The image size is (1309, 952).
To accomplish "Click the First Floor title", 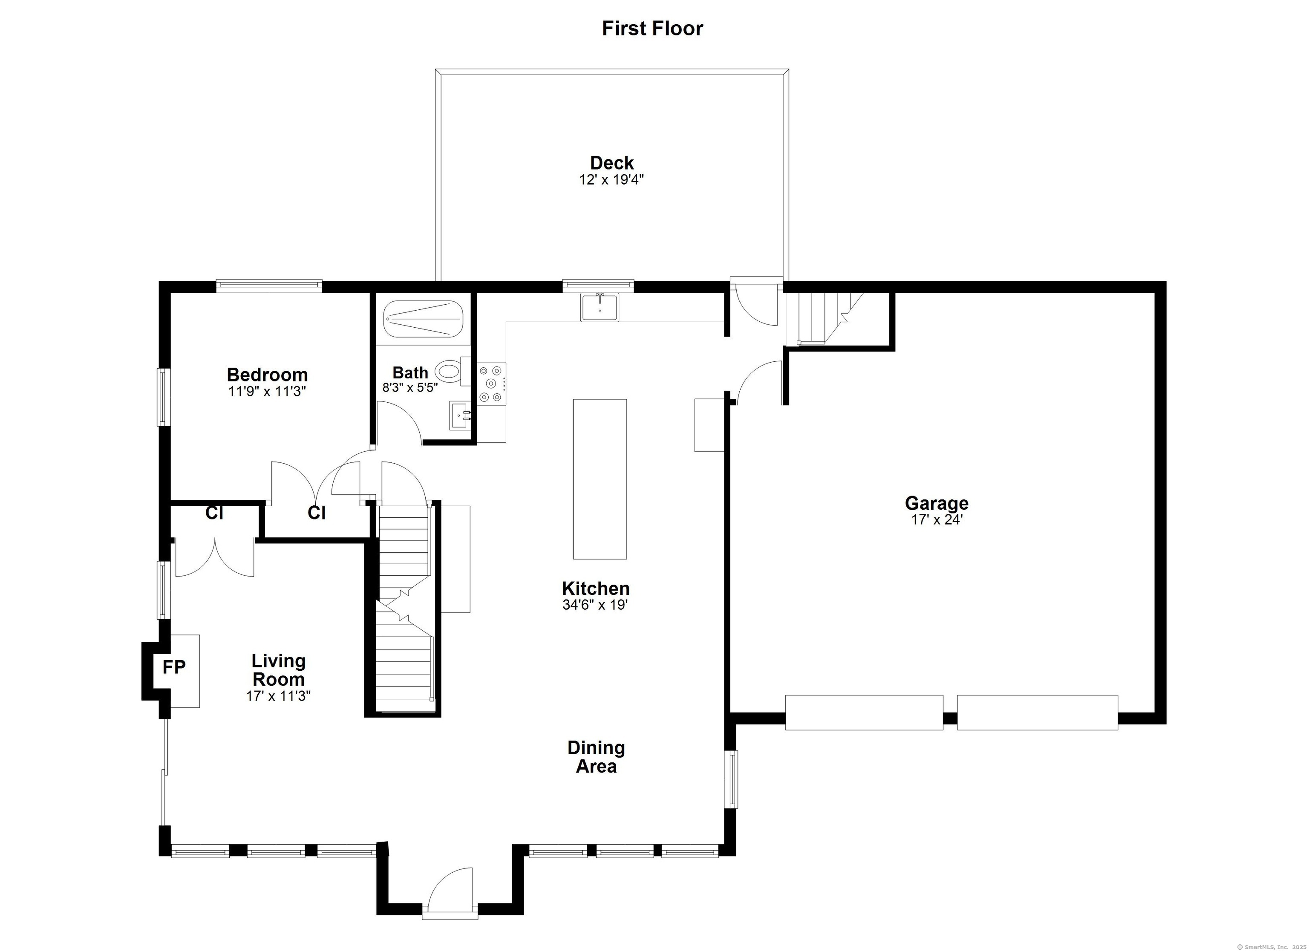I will (x=652, y=28).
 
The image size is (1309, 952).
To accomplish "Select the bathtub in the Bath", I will (x=424, y=319).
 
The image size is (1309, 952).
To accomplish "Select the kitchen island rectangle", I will (x=599, y=479).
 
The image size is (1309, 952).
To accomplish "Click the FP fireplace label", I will (x=174, y=667).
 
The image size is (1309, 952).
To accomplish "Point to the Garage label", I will (x=936, y=503).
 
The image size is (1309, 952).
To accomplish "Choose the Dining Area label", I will (x=596, y=757).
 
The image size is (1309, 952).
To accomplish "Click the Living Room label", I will (x=278, y=670).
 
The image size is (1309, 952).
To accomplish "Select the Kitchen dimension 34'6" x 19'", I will (x=594, y=605).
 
